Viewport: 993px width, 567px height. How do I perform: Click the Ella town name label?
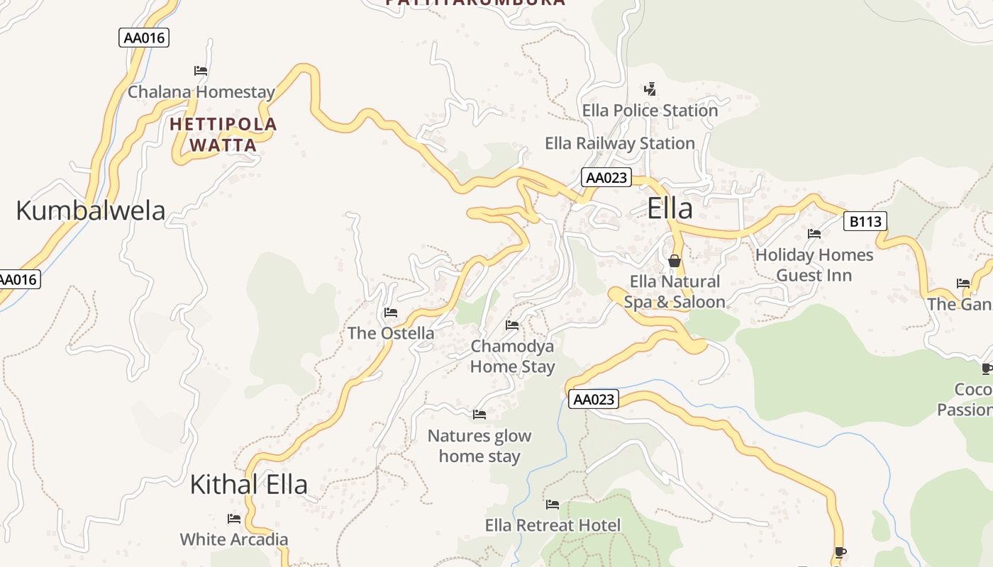(x=670, y=209)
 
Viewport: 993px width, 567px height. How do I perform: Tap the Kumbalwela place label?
(x=90, y=210)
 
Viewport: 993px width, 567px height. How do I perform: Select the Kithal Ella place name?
(x=248, y=484)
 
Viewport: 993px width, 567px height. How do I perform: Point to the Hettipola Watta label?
(x=223, y=135)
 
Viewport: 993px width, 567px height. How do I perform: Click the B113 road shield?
(x=865, y=222)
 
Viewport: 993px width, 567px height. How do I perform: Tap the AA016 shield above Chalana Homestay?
(x=144, y=38)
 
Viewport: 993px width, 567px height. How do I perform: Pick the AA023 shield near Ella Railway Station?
(x=606, y=177)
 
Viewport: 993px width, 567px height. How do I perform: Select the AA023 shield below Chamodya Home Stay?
(x=594, y=400)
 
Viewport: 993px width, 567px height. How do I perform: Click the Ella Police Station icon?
(x=650, y=89)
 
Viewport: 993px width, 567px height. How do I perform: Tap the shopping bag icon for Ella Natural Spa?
(x=674, y=261)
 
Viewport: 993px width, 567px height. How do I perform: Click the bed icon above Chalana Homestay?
(x=201, y=71)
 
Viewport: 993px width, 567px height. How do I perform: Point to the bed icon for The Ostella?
(x=390, y=313)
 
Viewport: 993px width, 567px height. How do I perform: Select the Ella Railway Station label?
(x=619, y=143)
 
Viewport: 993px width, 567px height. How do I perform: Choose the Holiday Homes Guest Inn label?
(x=814, y=264)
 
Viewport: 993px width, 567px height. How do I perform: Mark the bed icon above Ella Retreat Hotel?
(x=553, y=505)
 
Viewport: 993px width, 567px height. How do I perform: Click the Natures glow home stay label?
(x=479, y=446)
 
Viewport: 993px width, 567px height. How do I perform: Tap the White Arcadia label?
(x=234, y=539)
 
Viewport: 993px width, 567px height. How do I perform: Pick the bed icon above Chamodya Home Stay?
(x=512, y=325)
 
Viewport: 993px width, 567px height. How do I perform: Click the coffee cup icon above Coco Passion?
(x=987, y=369)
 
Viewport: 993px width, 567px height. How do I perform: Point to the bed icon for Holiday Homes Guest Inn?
(x=814, y=234)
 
